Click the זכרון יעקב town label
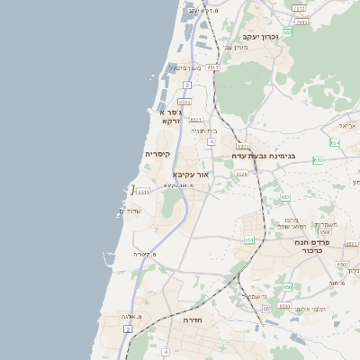(260, 36)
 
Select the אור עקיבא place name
(191, 174)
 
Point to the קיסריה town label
(164, 154)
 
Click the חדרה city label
(192, 319)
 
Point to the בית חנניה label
(202, 130)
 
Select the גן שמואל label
(256, 296)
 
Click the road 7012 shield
(298, 8)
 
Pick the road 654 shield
(335, 142)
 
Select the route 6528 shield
(241, 174)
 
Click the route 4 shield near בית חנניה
(211, 141)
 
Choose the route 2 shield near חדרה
(128, 329)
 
